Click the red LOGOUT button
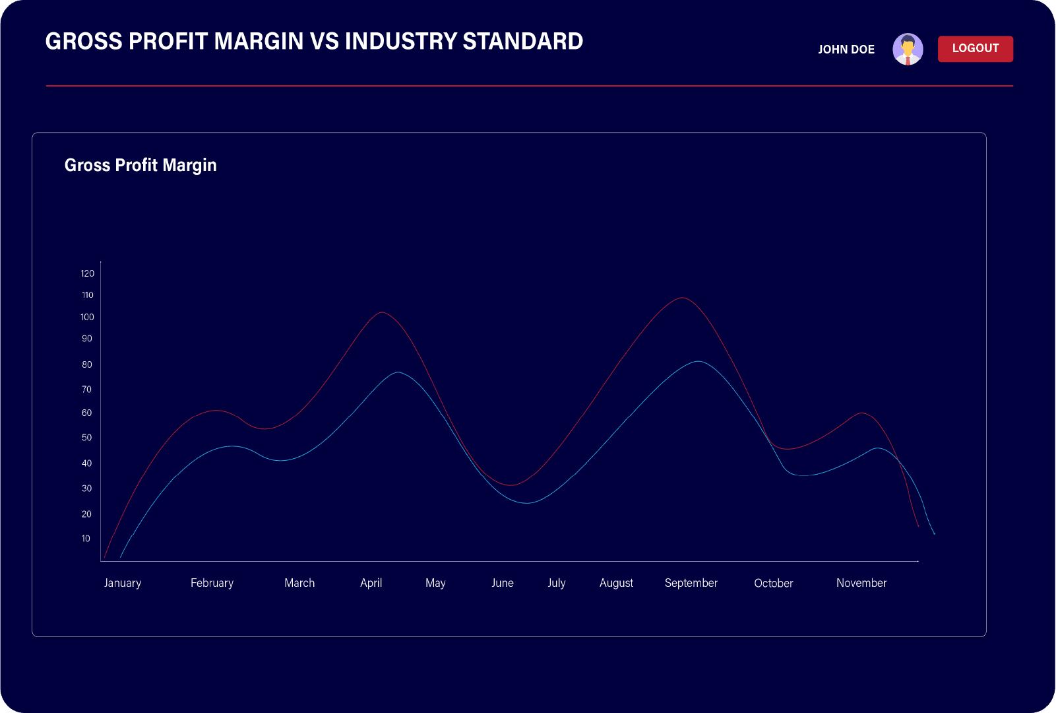pyautogui.click(x=975, y=49)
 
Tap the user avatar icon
pyautogui.click(x=908, y=50)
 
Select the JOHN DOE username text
pyautogui.click(x=846, y=50)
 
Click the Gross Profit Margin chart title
pyautogui.click(x=140, y=165)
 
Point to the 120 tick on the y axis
pyautogui.click(x=88, y=273)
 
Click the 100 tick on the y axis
pyautogui.click(x=87, y=317)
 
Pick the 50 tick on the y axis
pyautogui.click(x=86, y=438)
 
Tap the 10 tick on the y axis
pyautogui.click(x=86, y=539)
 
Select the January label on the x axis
pyautogui.click(x=123, y=583)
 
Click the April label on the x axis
pyautogui.click(x=371, y=583)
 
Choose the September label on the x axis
pyautogui.click(x=691, y=583)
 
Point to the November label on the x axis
pyautogui.click(x=861, y=583)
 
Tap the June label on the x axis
pyautogui.click(x=502, y=583)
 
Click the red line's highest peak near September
pyautogui.click(x=683, y=298)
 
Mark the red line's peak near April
pyautogui.click(x=382, y=312)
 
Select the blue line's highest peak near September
pyautogui.click(x=698, y=361)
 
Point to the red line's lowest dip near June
pyautogui.click(x=511, y=485)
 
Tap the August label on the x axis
pyautogui.click(x=616, y=583)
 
